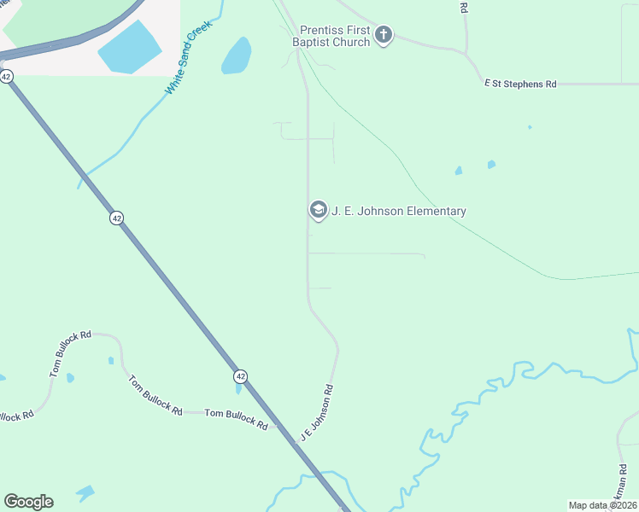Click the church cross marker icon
[384, 35]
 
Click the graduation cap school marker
[318, 210]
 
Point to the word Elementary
[436, 212]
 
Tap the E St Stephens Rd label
[520, 84]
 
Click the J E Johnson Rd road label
[316, 413]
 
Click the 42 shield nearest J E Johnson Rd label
[241, 376]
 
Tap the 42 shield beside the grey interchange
[7, 77]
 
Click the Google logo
[28, 502]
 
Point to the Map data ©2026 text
[601, 504]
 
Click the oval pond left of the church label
[237, 55]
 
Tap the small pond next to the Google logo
[85, 492]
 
